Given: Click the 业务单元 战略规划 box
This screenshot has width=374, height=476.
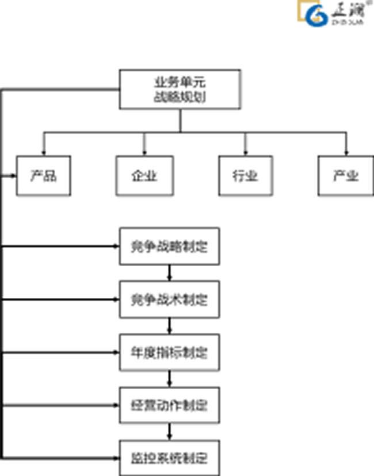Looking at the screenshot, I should [x=180, y=89].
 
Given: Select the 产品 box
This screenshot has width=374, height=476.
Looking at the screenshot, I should [x=44, y=175].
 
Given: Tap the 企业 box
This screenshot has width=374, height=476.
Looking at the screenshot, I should [x=144, y=175].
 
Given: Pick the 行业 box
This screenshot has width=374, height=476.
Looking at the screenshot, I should [x=246, y=175].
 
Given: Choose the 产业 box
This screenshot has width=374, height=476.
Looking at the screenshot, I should [x=346, y=175].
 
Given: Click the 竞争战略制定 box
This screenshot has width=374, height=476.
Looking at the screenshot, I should [x=169, y=247].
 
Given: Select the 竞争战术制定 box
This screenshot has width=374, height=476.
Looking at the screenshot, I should [x=169, y=300].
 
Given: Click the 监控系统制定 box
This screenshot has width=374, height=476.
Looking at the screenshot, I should [x=169, y=458].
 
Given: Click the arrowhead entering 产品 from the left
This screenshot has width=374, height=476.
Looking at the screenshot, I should [x=13, y=175].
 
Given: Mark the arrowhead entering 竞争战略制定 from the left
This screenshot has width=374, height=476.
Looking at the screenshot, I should [x=116, y=247].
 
